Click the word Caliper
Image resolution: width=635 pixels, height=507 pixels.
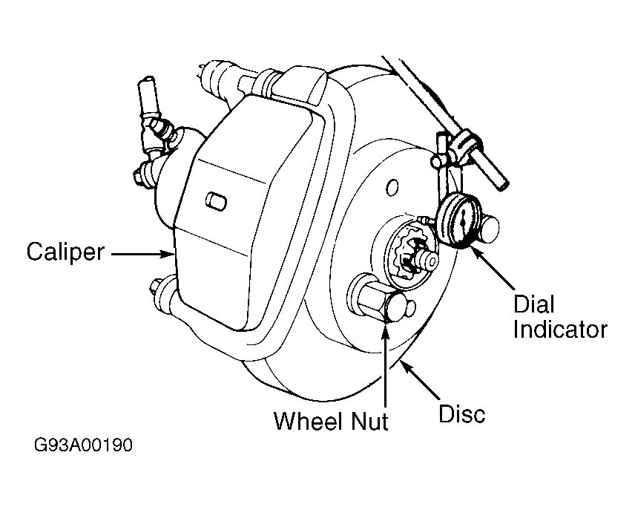[65, 252]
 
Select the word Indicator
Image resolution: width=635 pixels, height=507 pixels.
[561, 329]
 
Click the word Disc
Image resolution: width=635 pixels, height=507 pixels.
[462, 413]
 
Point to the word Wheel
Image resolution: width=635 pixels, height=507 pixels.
[308, 421]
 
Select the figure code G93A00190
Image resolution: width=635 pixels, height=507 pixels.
[83, 445]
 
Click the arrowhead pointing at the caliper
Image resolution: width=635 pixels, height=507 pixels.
[169, 254]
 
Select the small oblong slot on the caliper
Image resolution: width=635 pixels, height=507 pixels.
[217, 201]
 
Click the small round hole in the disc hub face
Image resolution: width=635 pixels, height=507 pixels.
[392, 187]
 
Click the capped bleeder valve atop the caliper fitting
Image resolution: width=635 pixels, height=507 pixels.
[147, 96]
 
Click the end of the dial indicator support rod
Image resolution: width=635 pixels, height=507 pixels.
[503, 184]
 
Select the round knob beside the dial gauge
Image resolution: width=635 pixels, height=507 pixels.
[489, 230]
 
